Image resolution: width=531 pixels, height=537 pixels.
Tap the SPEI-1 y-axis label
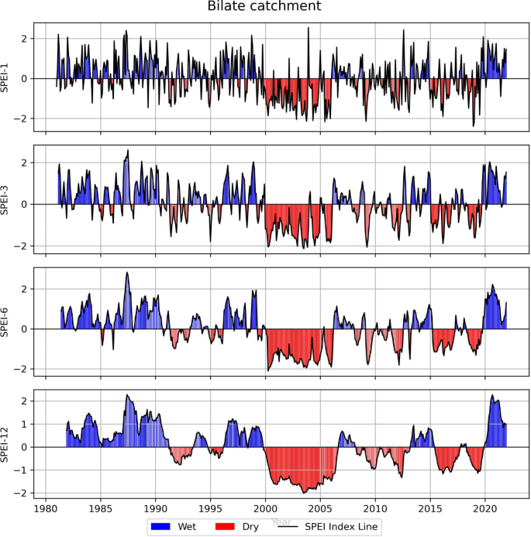pyautogui.click(x=7, y=77)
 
